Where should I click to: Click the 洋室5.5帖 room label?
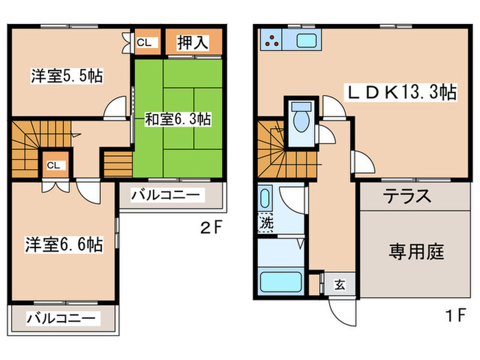click(67, 76)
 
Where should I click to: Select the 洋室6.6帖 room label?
click(65, 243)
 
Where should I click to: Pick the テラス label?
click(407, 196)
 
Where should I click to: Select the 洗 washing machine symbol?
click(265, 223)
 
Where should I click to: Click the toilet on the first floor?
click(300, 122)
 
